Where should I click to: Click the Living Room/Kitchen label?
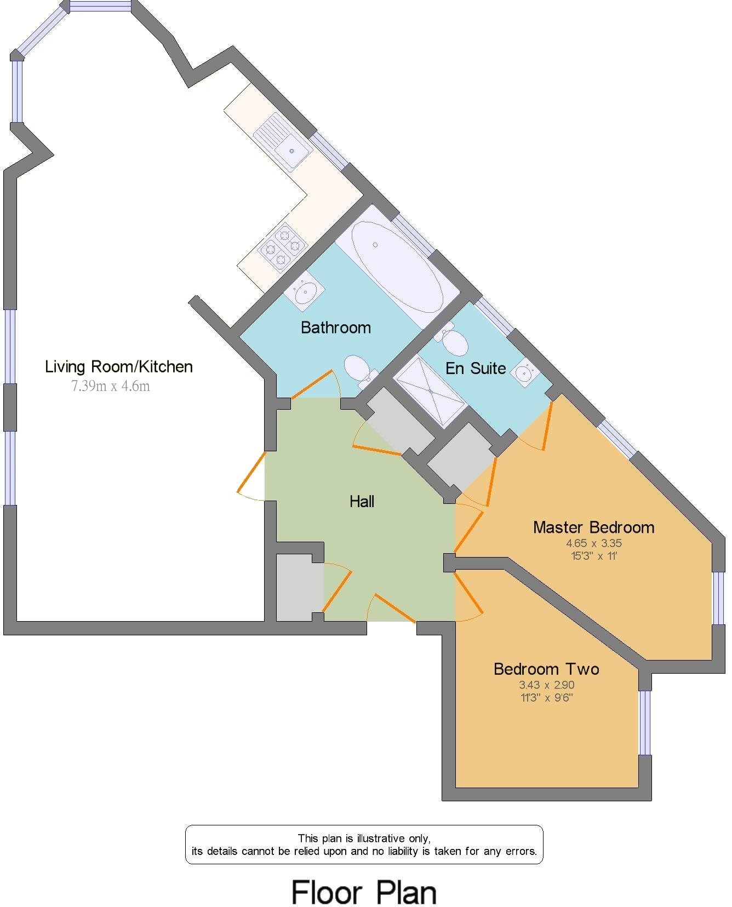pos(119,366)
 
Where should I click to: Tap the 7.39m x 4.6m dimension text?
pos(110,386)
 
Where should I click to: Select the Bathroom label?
pos(336,328)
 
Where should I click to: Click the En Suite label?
pos(476,368)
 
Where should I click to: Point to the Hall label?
pos(362,501)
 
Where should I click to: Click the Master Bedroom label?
pos(594,527)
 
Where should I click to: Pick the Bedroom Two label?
pos(546,669)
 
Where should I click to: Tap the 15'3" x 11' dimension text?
pos(594,556)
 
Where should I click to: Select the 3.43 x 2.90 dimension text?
pos(547,685)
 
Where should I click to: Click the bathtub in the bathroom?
pos(397,266)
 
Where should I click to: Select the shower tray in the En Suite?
pos(431,391)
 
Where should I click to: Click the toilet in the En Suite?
pos(454,341)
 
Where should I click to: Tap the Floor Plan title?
pos(364,892)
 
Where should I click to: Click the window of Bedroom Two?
pos(645,722)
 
